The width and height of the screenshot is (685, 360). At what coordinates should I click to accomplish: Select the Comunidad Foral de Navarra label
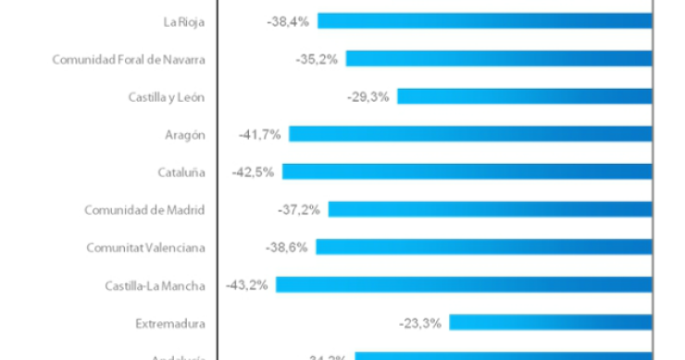click(128, 58)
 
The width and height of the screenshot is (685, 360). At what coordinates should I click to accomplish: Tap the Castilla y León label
click(167, 96)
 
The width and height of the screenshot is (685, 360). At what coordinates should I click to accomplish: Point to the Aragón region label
click(184, 134)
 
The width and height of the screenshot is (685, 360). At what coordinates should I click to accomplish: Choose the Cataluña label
click(181, 172)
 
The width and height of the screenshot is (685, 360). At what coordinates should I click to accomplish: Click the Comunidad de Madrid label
click(144, 210)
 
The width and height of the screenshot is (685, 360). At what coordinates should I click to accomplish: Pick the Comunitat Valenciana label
click(145, 247)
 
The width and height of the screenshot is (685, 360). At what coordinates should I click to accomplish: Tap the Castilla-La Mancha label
click(155, 285)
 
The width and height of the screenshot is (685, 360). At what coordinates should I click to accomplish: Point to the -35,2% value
click(318, 58)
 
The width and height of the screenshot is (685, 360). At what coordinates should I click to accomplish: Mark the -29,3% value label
click(369, 96)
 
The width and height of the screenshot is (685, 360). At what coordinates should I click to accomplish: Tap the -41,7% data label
click(260, 134)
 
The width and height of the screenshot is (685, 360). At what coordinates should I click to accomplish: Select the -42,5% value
click(255, 172)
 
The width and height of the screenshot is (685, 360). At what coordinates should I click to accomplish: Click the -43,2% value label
click(247, 285)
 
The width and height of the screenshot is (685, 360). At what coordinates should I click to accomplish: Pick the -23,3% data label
click(421, 323)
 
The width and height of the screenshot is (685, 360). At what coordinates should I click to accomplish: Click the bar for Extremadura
click(551, 323)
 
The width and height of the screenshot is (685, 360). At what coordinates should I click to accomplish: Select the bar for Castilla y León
click(525, 96)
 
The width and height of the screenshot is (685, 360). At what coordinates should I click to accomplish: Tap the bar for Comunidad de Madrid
click(491, 210)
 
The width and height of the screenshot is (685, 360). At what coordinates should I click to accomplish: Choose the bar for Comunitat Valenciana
click(484, 247)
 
